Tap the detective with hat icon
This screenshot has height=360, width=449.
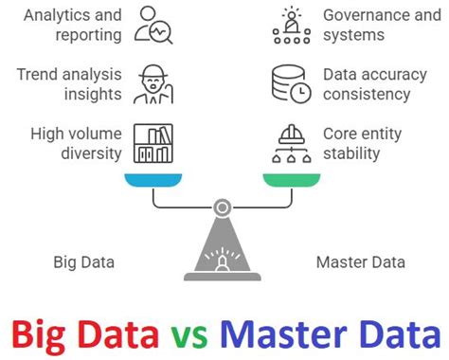click(x=153, y=83)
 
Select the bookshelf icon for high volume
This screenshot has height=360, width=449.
click(x=153, y=142)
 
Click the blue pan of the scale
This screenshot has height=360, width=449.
click(x=153, y=178)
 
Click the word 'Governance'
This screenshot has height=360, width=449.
click(x=366, y=15)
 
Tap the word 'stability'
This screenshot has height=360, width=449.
click(x=352, y=153)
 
